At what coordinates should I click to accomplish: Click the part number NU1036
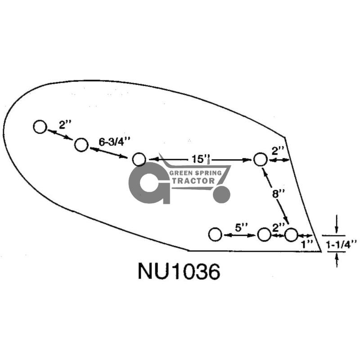tap(179, 271)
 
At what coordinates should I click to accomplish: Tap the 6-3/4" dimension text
tap(115, 142)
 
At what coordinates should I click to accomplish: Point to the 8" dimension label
tap(278, 194)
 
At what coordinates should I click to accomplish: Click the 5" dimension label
tap(242, 228)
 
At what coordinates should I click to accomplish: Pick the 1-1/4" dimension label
tap(342, 244)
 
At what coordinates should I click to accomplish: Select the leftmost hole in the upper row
tap(40, 127)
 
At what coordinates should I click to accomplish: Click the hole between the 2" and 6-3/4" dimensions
tap(81, 145)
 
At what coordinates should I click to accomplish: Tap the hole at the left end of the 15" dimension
tap(139, 159)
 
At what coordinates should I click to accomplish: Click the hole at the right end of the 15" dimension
tap(261, 159)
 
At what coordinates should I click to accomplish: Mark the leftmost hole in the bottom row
tap(215, 234)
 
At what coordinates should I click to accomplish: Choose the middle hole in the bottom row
tap(264, 234)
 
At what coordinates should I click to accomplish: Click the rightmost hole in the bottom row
tap(291, 234)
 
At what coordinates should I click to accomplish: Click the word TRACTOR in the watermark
tap(193, 181)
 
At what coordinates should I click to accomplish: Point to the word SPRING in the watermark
tap(208, 173)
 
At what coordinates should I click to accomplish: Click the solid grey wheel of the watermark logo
tap(221, 194)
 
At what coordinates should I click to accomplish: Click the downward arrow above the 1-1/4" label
tap(337, 224)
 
